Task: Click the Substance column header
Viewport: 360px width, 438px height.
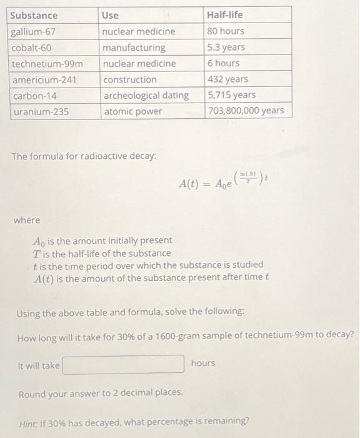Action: pyautogui.click(x=34, y=15)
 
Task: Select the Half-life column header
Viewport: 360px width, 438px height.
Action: pyautogui.click(x=225, y=14)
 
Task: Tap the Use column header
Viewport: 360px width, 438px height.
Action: pyautogui.click(x=111, y=15)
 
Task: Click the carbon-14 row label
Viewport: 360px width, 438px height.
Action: pyautogui.click(x=32, y=96)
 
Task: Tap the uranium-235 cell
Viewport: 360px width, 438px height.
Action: pyautogui.click(x=40, y=112)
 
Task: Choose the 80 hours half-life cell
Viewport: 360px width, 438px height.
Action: pyautogui.click(x=226, y=31)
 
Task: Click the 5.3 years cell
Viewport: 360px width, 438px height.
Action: pyautogui.click(x=226, y=47)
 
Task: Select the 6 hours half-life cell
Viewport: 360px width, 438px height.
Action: pyautogui.click(x=223, y=63)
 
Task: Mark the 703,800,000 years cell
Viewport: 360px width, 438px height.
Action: pyautogui.click(x=246, y=111)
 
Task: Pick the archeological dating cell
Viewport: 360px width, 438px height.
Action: pyautogui.click(x=146, y=96)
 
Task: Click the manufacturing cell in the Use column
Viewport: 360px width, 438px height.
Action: pyautogui.click(x=134, y=48)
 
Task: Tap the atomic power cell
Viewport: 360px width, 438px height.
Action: pyautogui.click(x=132, y=112)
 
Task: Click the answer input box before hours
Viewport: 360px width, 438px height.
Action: pyautogui.click(x=124, y=364)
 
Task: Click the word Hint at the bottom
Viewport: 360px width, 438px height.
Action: pyautogui.click(x=29, y=420)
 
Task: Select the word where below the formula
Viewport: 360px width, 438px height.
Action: pyautogui.click(x=27, y=220)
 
